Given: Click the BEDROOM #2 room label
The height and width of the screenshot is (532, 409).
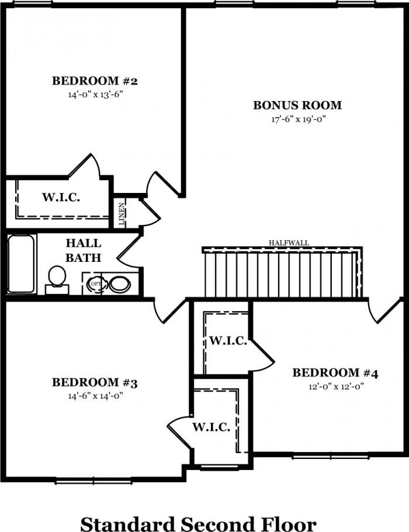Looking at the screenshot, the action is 95,81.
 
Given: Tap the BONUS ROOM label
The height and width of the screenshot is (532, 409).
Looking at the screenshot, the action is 297,105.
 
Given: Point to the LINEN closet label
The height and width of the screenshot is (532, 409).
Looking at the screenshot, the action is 122,214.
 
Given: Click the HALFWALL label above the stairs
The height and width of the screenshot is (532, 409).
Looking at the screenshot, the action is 289,243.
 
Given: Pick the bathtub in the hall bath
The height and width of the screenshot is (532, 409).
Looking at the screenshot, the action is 21,264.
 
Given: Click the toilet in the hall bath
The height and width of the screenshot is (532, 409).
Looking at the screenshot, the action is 57,279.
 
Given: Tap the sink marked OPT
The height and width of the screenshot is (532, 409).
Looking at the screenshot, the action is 95,284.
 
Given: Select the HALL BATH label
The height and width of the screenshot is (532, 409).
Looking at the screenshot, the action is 84,250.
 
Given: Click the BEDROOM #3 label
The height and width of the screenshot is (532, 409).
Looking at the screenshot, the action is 95,383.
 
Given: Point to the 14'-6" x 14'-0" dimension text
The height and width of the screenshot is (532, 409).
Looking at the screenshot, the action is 95,396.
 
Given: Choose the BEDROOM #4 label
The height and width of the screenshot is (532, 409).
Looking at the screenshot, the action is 335,373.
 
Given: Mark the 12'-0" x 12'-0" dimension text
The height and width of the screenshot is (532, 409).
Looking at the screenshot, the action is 336,386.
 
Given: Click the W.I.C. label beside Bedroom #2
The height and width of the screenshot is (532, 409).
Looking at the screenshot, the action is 61,197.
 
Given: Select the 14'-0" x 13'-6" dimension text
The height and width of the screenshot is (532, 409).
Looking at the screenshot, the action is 95,94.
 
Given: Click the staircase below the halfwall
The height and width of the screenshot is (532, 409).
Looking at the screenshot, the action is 282,273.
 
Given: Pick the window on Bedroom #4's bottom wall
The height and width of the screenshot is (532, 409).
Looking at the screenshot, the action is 331,457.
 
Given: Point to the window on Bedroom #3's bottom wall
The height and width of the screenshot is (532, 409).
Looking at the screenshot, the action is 93,481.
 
